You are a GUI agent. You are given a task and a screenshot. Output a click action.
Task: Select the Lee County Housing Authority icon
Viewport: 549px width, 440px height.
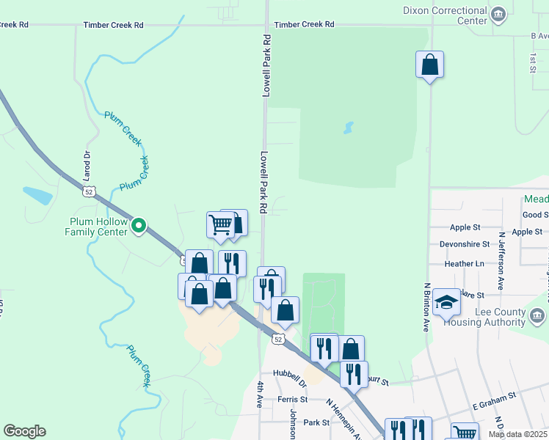click(x=537, y=315)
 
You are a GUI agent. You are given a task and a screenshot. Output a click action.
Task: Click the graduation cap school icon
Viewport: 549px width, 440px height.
click(x=446, y=302)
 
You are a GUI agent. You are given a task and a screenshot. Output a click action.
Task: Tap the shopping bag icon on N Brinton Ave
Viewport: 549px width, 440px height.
click(x=429, y=65)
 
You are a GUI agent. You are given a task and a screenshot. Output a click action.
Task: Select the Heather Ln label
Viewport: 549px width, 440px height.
click(x=465, y=263)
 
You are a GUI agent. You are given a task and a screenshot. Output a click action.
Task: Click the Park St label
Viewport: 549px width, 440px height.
click(x=316, y=423)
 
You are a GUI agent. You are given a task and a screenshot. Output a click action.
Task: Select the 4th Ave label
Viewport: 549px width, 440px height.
click(x=260, y=394)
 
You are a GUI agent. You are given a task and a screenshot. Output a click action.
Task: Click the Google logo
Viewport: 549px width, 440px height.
click(x=24, y=431)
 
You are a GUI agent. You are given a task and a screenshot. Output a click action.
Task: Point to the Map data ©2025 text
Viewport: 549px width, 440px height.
click(x=517, y=434)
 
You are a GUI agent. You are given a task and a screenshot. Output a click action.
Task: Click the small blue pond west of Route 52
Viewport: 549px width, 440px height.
click(x=37, y=195)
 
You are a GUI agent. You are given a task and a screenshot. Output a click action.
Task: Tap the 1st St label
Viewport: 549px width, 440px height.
click(x=532, y=62)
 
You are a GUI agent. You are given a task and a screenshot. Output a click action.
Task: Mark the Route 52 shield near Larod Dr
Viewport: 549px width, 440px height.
click(x=88, y=191)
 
